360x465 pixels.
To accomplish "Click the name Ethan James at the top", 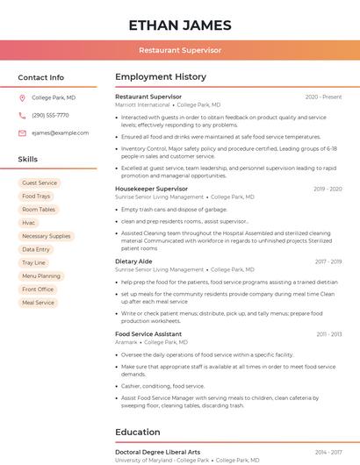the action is (180, 25).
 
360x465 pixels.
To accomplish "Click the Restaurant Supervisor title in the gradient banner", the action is (180, 51).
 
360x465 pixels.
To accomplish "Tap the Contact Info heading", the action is (41, 77).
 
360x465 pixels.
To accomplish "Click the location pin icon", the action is (22, 97).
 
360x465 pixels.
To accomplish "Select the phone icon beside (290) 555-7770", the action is (22, 115).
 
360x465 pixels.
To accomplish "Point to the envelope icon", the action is (22, 132).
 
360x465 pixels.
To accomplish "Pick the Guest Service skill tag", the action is (40, 182).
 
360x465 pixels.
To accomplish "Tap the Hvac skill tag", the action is (29, 223).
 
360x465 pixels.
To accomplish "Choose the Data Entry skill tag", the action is (36, 249).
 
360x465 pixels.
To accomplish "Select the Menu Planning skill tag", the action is (41, 276).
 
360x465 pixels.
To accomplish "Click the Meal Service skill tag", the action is (38, 303).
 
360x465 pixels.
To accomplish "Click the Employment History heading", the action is (161, 77).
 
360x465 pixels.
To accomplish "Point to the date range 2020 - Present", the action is (323, 97).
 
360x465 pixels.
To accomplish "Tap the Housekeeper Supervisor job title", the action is (152, 189).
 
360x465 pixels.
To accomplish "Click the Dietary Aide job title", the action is (133, 261).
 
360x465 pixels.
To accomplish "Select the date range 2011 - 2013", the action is (329, 334).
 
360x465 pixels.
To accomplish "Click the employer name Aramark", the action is (126, 342).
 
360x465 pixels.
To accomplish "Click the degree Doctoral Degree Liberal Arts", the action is (157, 452).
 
